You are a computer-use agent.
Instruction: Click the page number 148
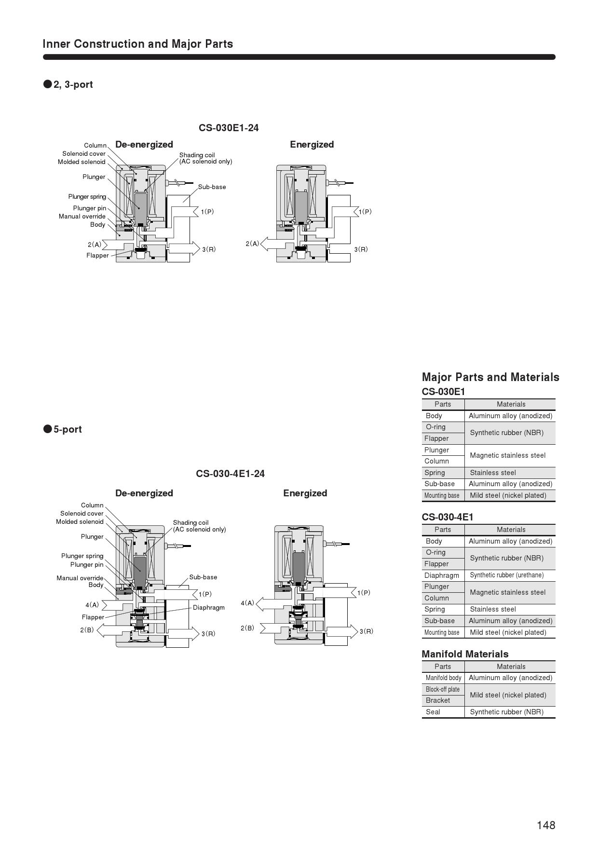tap(546, 825)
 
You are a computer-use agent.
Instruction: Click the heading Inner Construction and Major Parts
tap(138, 44)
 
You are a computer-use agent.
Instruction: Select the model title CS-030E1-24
tap(229, 128)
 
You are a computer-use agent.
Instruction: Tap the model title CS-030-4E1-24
tap(230, 474)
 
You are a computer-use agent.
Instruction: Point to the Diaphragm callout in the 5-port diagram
tap(209, 607)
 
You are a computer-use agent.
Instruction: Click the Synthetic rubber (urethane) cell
tap(506, 575)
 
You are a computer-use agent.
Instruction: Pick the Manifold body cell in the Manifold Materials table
tap(443, 678)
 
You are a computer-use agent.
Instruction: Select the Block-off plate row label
tap(443, 689)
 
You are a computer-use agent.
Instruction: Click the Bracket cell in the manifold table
tap(438, 700)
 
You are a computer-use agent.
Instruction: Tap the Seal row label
tap(433, 712)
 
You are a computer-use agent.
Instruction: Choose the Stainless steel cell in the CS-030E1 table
tap(493, 473)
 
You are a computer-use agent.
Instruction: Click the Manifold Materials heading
tap(465, 654)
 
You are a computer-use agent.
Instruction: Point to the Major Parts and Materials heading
tap(490, 377)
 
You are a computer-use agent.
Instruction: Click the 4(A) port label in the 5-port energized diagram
tap(247, 603)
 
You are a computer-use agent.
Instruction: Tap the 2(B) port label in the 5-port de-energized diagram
tap(87, 630)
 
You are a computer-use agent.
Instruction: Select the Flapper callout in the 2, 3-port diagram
tap(97, 256)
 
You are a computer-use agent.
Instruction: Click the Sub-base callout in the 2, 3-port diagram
tap(212, 187)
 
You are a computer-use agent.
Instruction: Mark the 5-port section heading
tap(68, 429)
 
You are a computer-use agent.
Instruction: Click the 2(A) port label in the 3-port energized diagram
tap(252, 244)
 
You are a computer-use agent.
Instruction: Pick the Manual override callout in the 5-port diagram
tap(80, 578)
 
